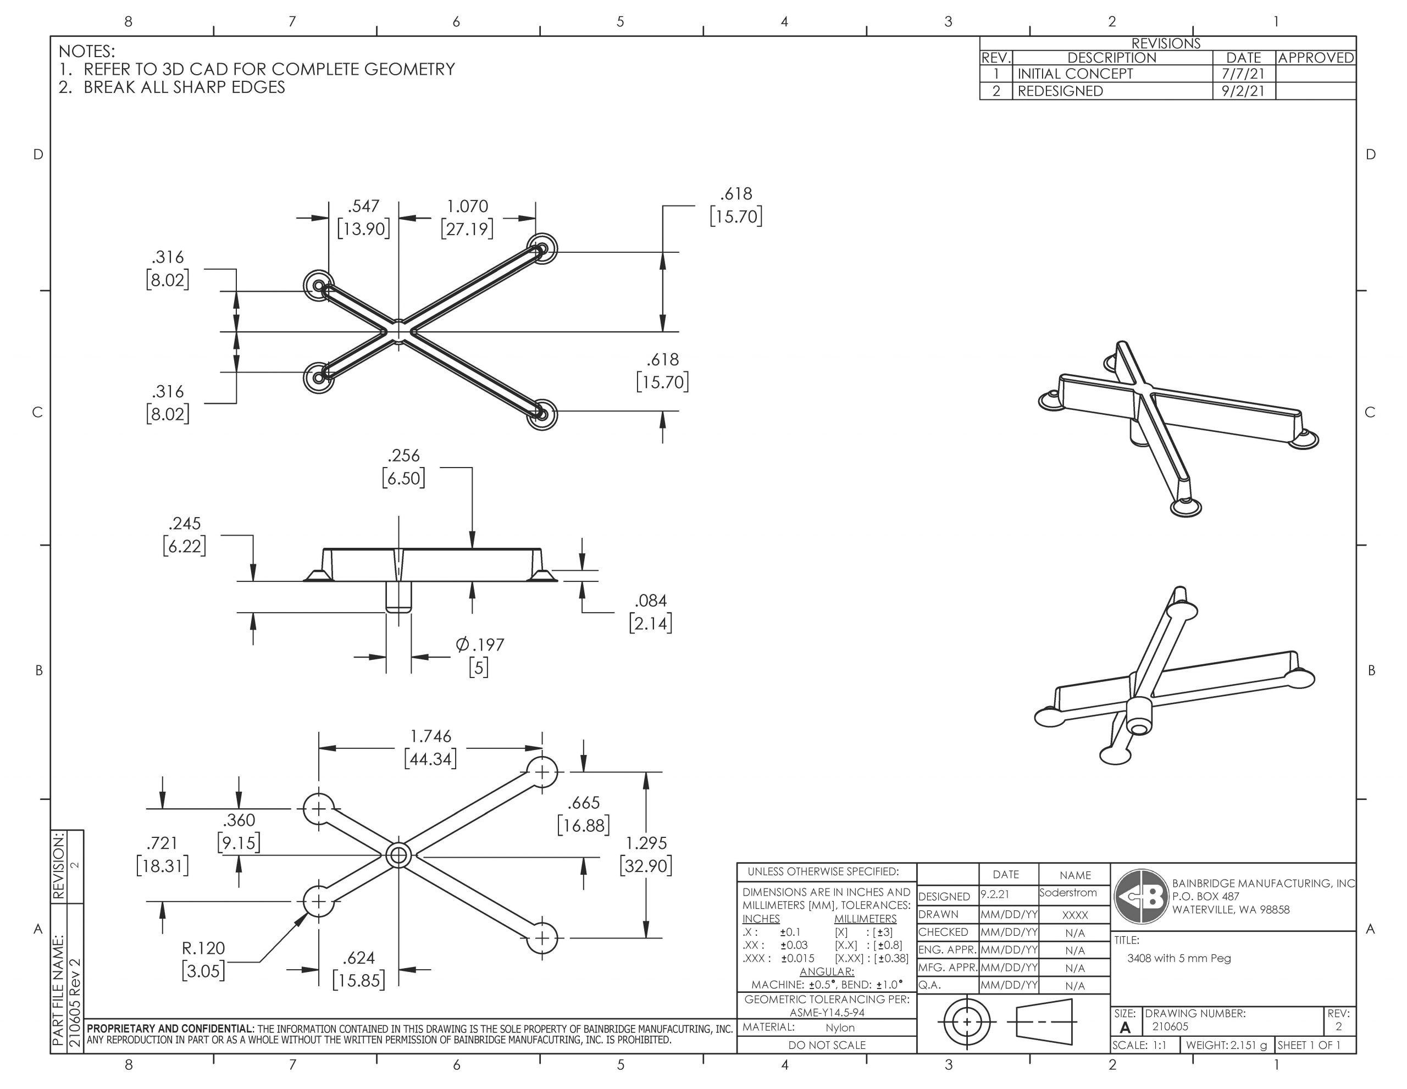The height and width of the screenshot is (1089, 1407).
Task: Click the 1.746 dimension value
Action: click(430, 736)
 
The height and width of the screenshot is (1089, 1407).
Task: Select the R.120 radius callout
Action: click(203, 948)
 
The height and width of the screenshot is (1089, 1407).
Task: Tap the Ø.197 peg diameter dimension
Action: click(480, 644)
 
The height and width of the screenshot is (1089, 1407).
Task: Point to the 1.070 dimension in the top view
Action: click(467, 207)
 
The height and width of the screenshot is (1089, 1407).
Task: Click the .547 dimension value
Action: click(363, 207)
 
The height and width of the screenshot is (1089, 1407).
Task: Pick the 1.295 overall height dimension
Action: click(646, 843)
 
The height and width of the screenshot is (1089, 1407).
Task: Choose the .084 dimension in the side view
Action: click(651, 601)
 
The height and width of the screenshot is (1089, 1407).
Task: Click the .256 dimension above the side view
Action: click(403, 456)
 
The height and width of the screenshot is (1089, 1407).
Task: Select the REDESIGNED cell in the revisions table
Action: click(1060, 91)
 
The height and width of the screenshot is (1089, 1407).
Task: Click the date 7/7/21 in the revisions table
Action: click(1243, 74)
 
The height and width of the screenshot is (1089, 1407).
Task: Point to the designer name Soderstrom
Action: click(1067, 893)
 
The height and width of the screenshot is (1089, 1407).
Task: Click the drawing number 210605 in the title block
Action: click(1171, 1026)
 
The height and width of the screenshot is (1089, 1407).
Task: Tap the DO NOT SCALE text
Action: click(827, 1044)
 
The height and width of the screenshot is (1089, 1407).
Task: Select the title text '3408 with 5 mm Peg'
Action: click(1179, 958)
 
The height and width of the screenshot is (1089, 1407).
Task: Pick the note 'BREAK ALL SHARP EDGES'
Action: click(184, 87)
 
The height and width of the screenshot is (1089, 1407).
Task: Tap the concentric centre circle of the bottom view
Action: click(398, 855)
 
